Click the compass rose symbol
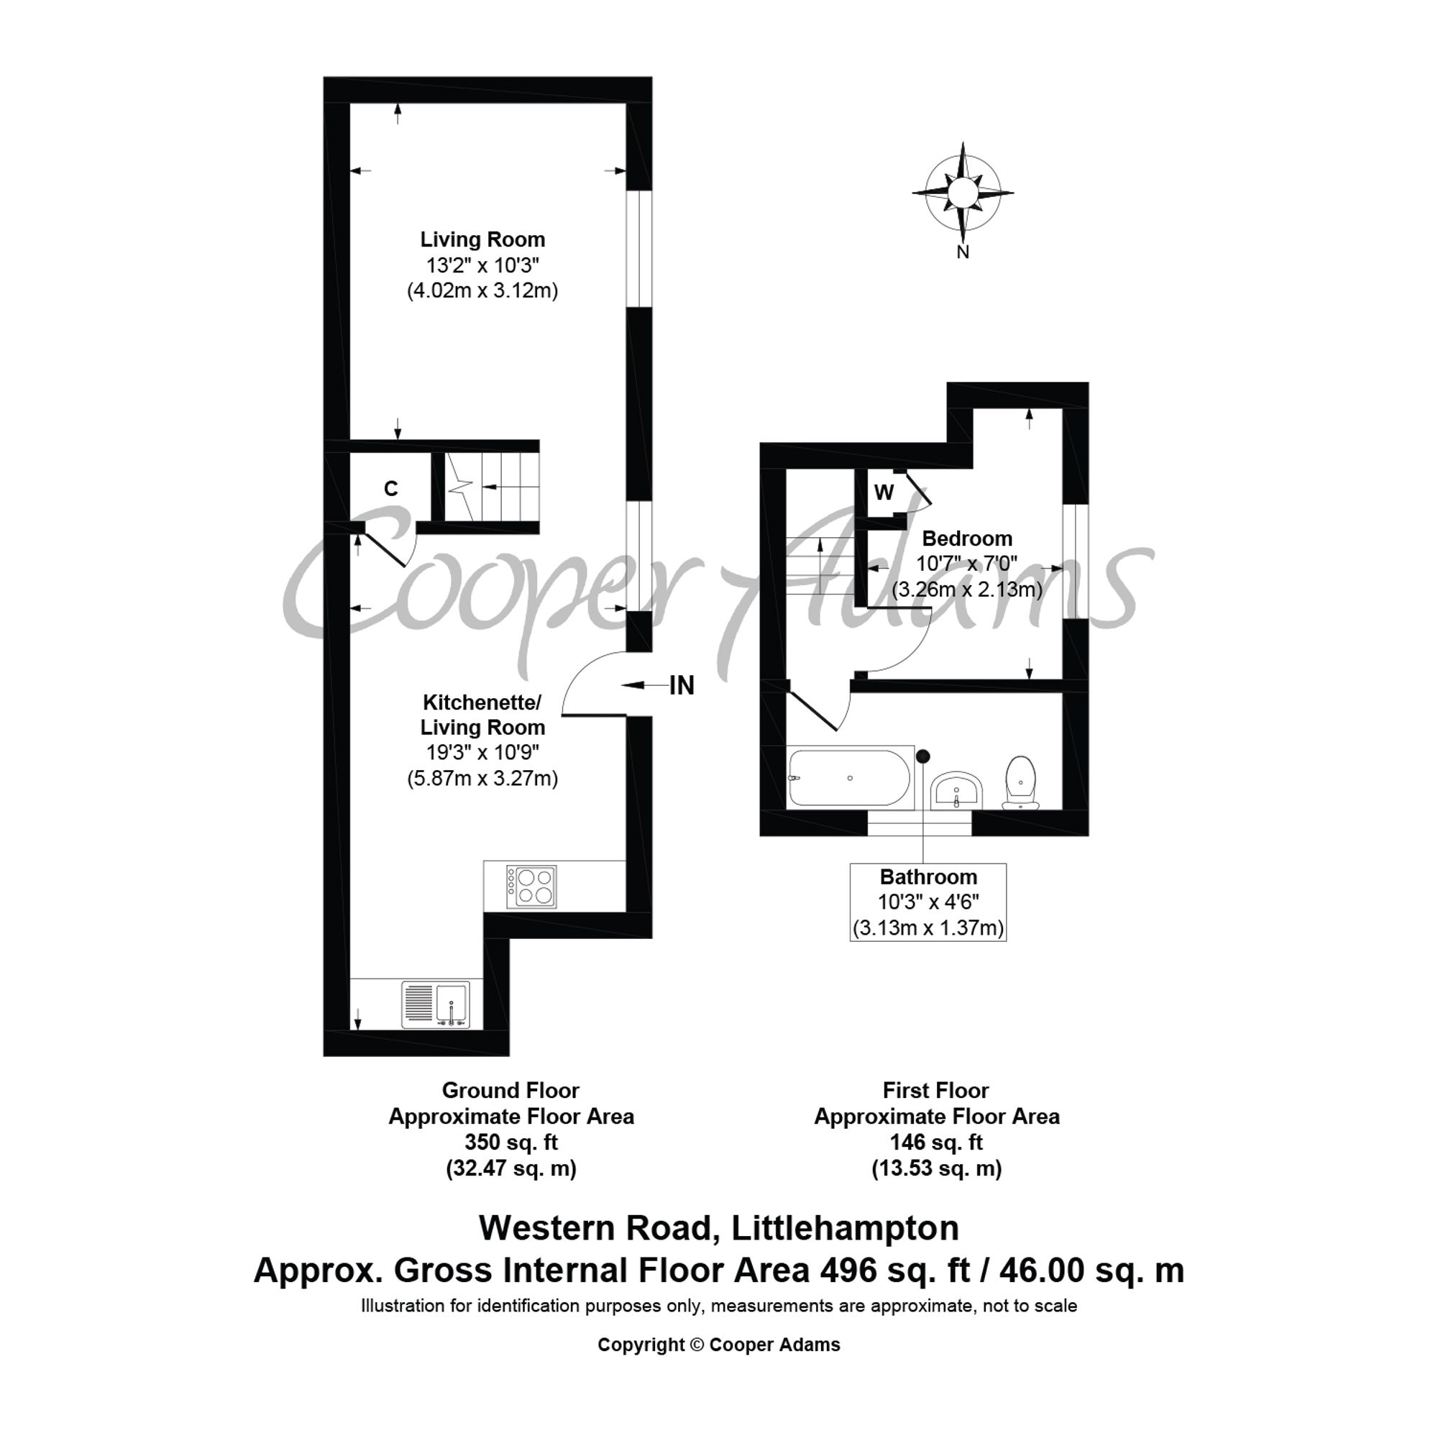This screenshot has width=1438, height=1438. pyautogui.click(x=963, y=192)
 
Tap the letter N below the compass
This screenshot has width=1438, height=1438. pyautogui.click(x=963, y=252)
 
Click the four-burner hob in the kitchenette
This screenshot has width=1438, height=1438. pyautogui.click(x=531, y=887)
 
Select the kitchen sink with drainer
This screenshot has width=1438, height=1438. pyautogui.click(x=436, y=1005)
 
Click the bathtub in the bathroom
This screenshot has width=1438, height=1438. pyautogui.click(x=848, y=778)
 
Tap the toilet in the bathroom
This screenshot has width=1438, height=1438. pyautogui.click(x=1020, y=783)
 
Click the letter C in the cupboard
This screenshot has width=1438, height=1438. pyautogui.click(x=390, y=488)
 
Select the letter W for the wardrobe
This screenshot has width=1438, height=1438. pyautogui.click(x=884, y=492)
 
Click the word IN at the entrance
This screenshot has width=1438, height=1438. pyautogui.click(x=682, y=685)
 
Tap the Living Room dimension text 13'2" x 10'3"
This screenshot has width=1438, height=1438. pyautogui.click(x=482, y=265)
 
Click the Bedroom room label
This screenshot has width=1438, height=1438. pyautogui.click(x=967, y=538)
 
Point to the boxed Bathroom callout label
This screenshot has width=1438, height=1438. pyautogui.click(x=928, y=902)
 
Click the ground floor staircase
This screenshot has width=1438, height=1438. pyautogui.click(x=492, y=487)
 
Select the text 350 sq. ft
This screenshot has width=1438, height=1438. pyautogui.click(x=510, y=1142)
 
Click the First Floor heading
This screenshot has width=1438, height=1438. pyautogui.click(x=935, y=1091)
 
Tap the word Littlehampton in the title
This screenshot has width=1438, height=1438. pyautogui.click(x=846, y=1228)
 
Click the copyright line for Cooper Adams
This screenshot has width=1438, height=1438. pyautogui.click(x=719, y=1345)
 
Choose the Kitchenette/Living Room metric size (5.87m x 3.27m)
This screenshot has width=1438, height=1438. pyautogui.click(x=482, y=779)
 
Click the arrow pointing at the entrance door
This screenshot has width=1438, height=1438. pyautogui.click(x=644, y=684)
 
